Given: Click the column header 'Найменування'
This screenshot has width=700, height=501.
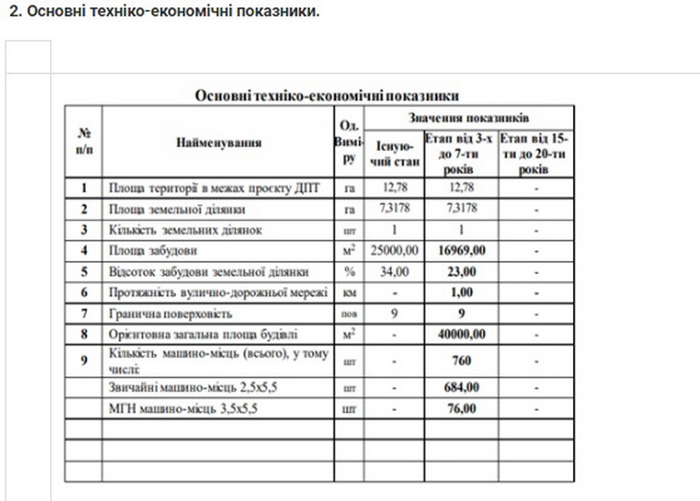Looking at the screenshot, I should (218, 141).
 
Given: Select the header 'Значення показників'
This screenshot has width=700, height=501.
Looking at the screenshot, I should (469, 117).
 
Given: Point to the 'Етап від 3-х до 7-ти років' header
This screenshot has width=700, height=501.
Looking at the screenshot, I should (461, 153).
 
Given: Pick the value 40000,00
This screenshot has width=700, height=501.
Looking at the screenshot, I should (462, 335).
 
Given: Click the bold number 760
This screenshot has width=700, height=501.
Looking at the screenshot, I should (462, 361).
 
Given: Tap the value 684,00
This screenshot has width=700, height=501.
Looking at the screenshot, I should (462, 388).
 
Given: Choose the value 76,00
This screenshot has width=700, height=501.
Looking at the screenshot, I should (462, 409).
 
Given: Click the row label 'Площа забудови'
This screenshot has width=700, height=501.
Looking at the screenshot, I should (153, 250).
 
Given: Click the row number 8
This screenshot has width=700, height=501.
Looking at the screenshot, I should (84, 335).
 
